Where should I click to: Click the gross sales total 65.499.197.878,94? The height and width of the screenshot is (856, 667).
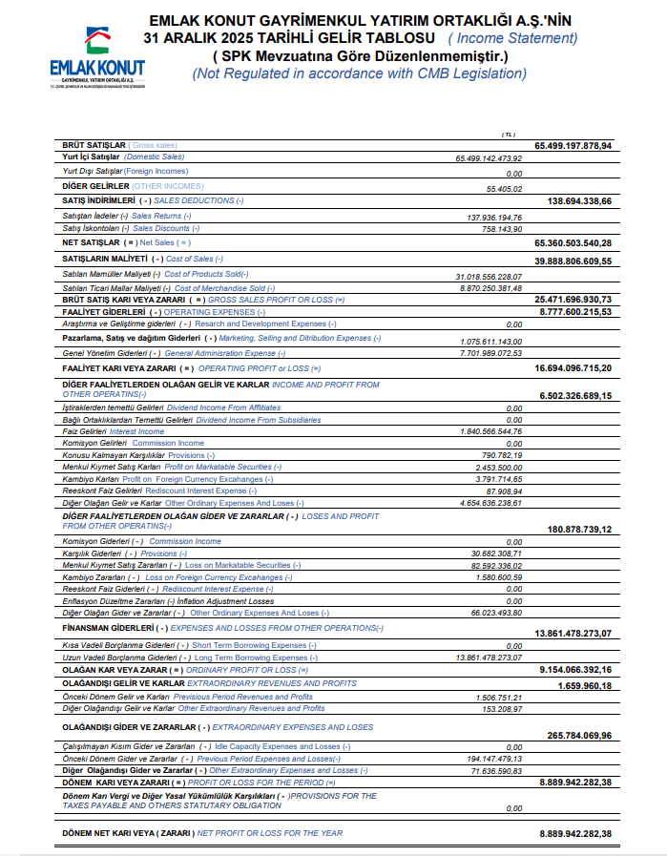pos(573,145)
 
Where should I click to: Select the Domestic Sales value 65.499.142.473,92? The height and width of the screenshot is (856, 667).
pos(489,157)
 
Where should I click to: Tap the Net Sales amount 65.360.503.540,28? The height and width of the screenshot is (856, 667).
pos(573,243)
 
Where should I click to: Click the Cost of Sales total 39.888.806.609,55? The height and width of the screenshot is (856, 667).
pos(573,261)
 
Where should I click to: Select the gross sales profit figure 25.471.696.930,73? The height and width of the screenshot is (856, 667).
pos(573,299)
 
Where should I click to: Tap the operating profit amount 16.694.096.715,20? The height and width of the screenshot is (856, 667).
pos(573,367)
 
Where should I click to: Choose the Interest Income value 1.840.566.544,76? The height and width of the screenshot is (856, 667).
pos(490,431)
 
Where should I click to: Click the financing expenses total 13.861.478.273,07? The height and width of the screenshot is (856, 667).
pos(573,633)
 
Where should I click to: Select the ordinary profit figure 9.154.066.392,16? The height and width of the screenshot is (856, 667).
pos(573,670)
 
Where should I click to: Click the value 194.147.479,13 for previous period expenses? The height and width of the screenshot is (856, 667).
pos(493,758)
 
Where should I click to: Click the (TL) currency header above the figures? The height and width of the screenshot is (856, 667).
pos(508,135)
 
